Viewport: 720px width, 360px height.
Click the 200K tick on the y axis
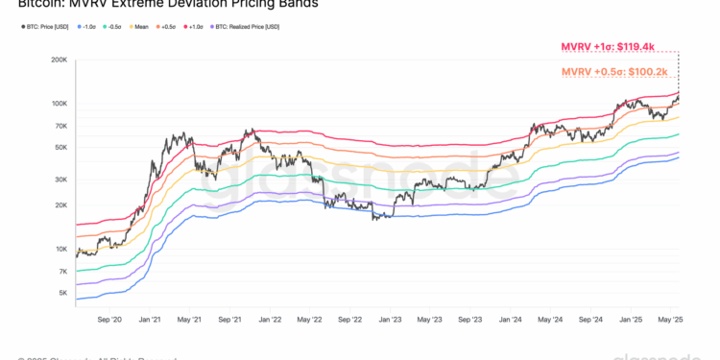point(58,60)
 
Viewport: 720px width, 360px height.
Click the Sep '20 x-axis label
point(109,319)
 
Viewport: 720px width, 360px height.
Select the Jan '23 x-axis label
point(390,319)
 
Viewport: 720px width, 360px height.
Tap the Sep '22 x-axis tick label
point(349,319)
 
